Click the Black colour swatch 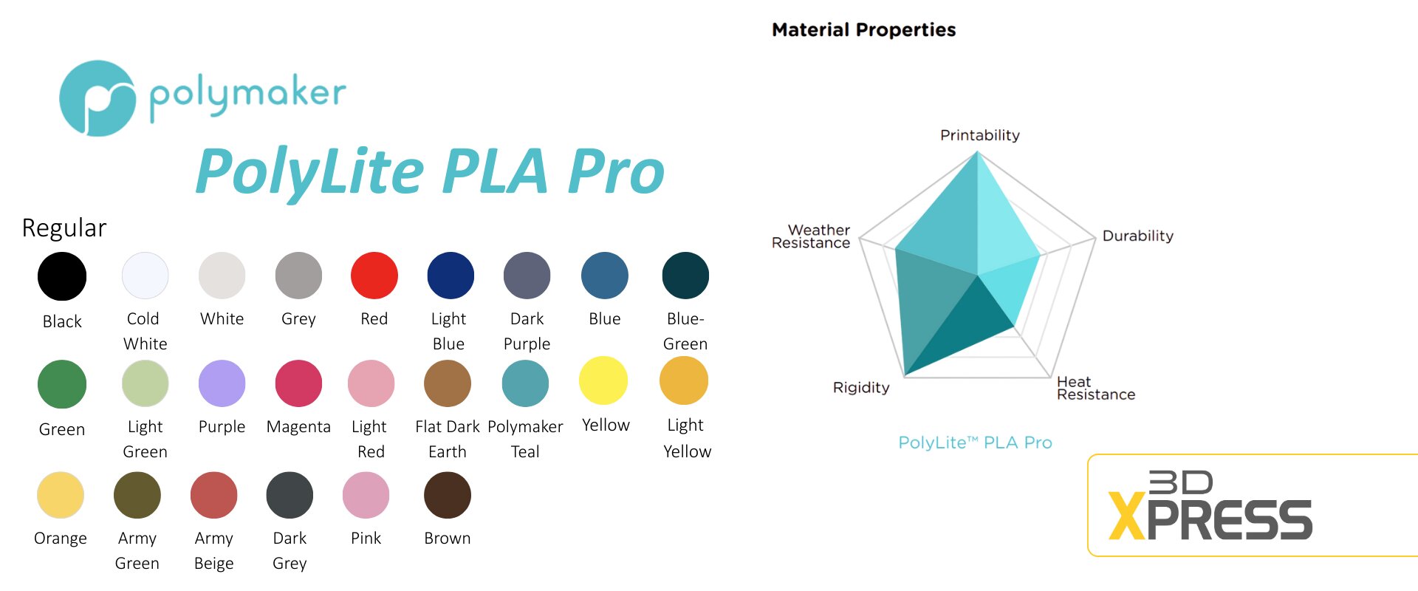click(62, 276)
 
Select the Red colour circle click(374, 276)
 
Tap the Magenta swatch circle click(298, 383)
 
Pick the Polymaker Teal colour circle click(525, 383)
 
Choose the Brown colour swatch click(448, 495)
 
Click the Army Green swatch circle click(137, 495)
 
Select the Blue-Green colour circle click(685, 276)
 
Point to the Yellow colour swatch click(603, 380)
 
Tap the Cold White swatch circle click(145, 276)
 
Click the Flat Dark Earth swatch click(448, 383)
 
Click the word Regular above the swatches click(64, 228)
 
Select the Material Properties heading click(864, 30)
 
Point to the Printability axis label click(980, 135)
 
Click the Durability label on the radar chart click(1138, 236)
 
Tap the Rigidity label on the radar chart click(861, 388)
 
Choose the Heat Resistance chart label click(1096, 388)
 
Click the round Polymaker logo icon click(97, 98)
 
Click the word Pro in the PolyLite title click(617, 171)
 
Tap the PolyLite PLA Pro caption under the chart click(975, 443)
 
